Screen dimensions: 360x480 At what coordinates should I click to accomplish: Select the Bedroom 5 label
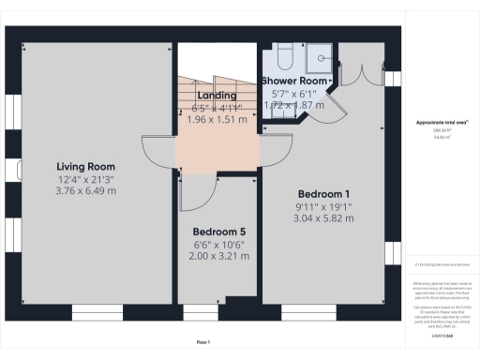click(218, 232)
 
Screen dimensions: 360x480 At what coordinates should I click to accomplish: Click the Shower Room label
click(296, 82)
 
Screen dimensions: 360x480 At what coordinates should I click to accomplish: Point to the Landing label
click(217, 95)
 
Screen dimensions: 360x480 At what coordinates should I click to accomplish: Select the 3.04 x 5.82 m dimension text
click(323, 217)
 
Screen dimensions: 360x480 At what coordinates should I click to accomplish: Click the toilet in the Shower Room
click(285, 55)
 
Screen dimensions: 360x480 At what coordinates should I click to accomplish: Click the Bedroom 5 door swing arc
click(190, 192)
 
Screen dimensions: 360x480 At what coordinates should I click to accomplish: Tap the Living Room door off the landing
click(155, 152)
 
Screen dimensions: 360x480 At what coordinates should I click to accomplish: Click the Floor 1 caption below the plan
click(202, 341)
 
